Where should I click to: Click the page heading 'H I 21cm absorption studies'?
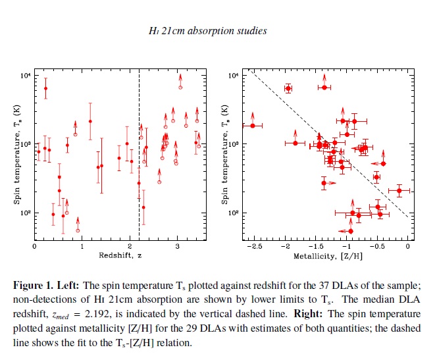(x=217, y=30)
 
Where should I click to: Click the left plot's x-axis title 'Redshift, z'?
(x=118, y=255)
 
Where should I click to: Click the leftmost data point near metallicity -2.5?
(x=253, y=126)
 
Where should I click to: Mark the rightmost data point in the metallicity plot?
(x=399, y=190)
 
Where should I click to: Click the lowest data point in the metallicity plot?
(x=351, y=231)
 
